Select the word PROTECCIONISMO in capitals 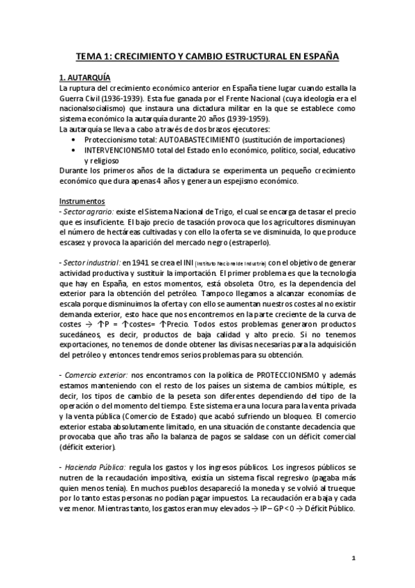[x=247, y=374]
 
